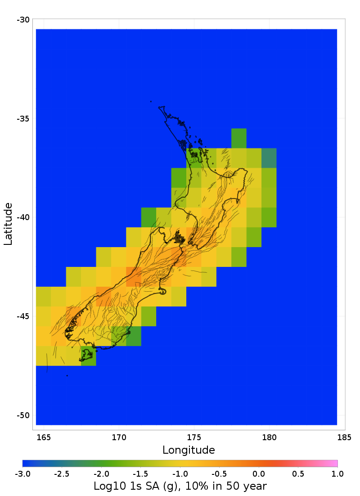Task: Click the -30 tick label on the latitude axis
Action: click(23, 20)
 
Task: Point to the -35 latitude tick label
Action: click(23, 119)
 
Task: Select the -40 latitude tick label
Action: click(23, 217)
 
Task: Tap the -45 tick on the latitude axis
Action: click(23, 316)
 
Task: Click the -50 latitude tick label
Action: click(23, 415)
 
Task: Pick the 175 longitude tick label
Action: click(194, 437)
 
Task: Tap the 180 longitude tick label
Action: click(269, 437)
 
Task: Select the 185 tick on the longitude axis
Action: click(344, 437)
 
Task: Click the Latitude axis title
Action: click(8, 224)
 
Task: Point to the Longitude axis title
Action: click(189, 450)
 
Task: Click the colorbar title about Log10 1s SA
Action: click(180, 486)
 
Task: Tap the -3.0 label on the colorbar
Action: click(22, 473)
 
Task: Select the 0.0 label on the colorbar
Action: click(259, 473)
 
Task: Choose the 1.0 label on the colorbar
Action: click(337, 473)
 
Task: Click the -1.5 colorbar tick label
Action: click(140, 473)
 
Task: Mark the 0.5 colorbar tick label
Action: click(298, 473)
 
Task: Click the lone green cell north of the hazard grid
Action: click(239, 138)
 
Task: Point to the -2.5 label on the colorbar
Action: click(62, 473)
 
